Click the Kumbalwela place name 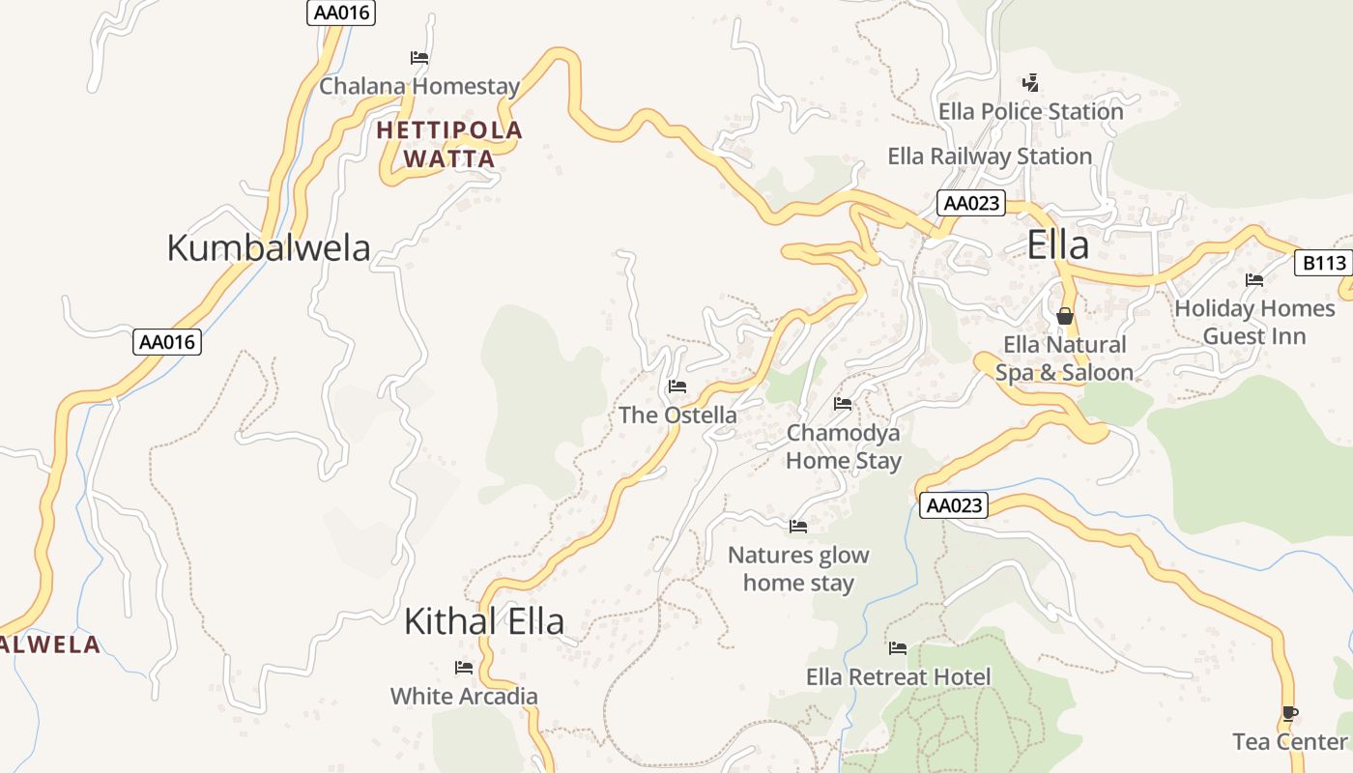(x=269, y=247)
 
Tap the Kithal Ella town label (x=483, y=621)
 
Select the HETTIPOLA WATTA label (x=449, y=144)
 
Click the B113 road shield (x=1323, y=263)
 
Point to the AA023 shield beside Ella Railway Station (x=971, y=204)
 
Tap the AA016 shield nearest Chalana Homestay (x=341, y=13)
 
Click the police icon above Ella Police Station (x=1031, y=82)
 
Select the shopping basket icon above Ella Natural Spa (x=1064, y=316)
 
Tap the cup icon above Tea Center (x=1289, y=714)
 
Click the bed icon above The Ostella (x=677, y=387)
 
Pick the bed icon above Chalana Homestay (x=419, y=58)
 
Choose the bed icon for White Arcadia (x=464, y=668)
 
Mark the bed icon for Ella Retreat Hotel (x=898, y=648)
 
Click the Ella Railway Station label (x=990, y=157)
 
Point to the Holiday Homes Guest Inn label (x=1254, y=323)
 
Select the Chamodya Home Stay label (x=844, y=446)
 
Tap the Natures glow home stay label (x=798, y=569)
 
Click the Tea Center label (x=1290, y=742)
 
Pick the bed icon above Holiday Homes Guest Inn (x=1254, y=280)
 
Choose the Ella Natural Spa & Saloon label (x=1065, y=358)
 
